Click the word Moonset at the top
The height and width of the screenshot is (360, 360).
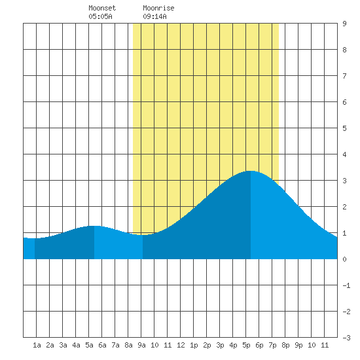pos(102,8)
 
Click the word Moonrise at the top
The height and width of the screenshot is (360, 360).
pos(158,8)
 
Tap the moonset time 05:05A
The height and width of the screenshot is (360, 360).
pos(100,16)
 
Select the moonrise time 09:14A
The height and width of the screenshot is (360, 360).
pos(154,16)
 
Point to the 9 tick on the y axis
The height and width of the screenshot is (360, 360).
pos(344,24)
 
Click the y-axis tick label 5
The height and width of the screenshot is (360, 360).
pos(344,128)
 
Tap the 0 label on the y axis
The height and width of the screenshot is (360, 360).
pos(344,259)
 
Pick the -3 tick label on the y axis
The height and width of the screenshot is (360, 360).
pos(346,338)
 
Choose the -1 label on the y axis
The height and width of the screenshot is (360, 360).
pos(346,285)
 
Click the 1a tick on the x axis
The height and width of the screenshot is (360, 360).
pos(37,345)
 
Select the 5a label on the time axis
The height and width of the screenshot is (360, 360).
pos(89,345)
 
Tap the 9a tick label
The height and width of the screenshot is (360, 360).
pos(141,345)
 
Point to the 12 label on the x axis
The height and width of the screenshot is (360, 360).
pos(181,345)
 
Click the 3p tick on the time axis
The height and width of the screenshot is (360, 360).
pos(220,345)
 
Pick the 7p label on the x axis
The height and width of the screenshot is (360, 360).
pos(272,345)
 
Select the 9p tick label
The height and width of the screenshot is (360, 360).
pos(298,345)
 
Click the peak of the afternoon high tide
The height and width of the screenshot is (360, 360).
pos(251,171)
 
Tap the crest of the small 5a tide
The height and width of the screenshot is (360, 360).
pos(94,226)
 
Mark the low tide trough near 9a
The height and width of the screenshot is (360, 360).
pos(143,235)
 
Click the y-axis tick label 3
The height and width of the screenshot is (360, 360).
pos(344,181)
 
